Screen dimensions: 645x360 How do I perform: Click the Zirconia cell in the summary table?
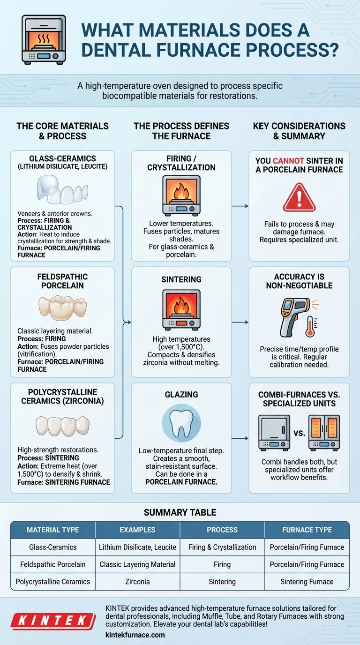pos(137,582)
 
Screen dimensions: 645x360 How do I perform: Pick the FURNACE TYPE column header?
pos(307,530)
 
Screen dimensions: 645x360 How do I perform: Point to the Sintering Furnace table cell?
pos(307,582)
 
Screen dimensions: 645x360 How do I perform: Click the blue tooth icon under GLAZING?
pos(181,424)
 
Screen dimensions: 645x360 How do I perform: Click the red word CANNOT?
pos(291,161)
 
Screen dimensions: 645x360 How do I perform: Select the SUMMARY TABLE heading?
pos(180,512)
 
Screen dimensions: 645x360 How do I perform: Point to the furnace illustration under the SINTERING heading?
pos(181,309)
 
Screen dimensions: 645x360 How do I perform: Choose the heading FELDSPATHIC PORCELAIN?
pos(62,281)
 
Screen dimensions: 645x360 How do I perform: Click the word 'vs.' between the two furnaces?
pos(300,433)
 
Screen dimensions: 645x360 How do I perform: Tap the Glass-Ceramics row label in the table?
pos(52,547)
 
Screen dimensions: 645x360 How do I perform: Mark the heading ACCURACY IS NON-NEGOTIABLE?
pos(299,281)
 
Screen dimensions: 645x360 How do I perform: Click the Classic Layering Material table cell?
pos(137,564)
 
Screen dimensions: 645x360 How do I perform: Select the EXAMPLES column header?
pos(137,530)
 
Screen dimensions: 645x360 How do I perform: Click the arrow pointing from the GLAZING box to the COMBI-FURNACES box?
pos(240,439)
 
